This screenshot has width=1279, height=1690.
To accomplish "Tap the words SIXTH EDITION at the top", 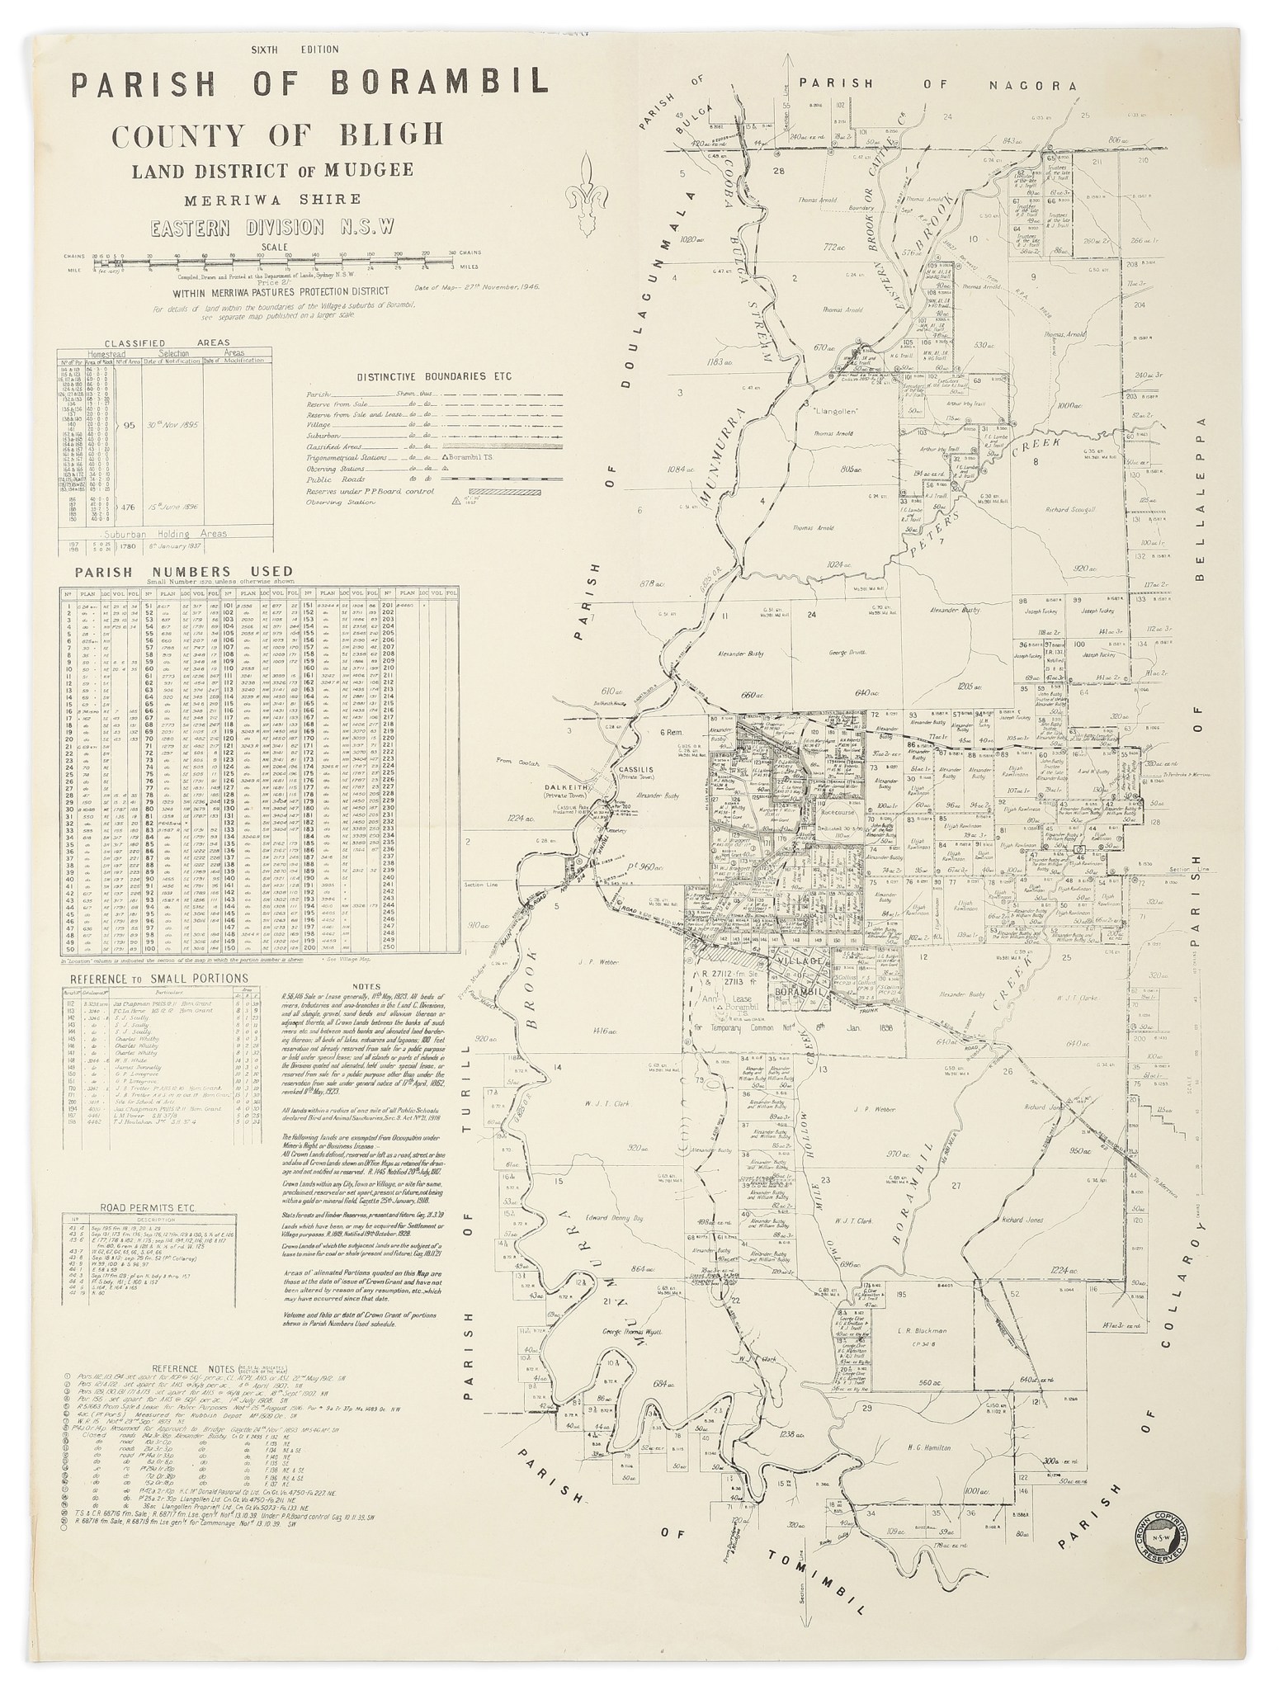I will click(x=295, y=50).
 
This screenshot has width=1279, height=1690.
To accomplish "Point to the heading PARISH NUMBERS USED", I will click(x=183, y=570).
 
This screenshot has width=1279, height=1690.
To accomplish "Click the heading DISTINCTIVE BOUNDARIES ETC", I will click(x=434, y=376).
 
